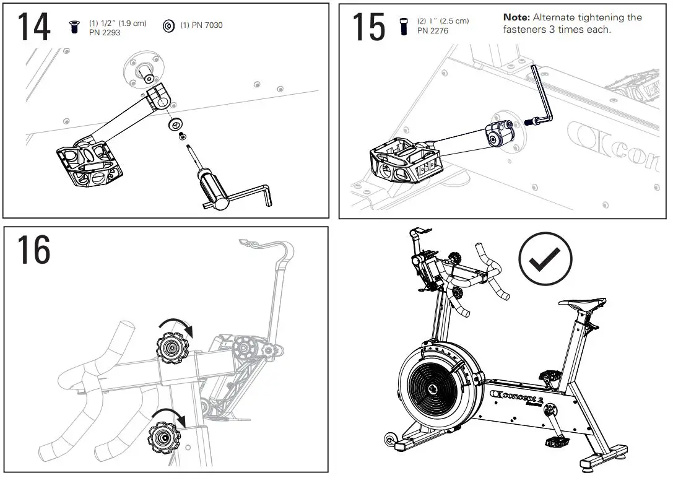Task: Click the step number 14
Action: point(33,28)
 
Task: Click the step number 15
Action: point(368,28)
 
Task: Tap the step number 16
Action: point(33,250)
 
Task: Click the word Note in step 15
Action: point(516,17)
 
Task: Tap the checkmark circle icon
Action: point(545,258)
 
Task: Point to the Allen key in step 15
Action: point(541,99)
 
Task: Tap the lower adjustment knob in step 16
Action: point(163,438)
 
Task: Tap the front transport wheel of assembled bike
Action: point(389,440)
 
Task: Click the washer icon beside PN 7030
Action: point(168,26)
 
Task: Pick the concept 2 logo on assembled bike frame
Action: point(516,397)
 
